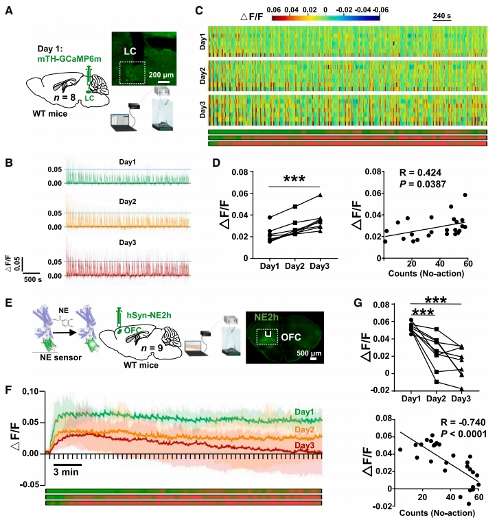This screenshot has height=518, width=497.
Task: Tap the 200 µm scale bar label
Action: coord(162,73)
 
